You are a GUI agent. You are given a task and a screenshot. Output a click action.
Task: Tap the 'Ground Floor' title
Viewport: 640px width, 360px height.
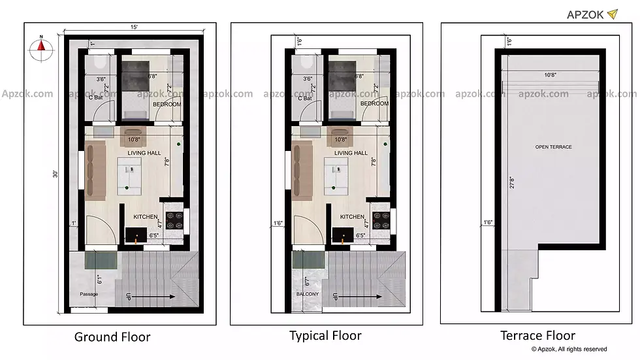coord(112,337)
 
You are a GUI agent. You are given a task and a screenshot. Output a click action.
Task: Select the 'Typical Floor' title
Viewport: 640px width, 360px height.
coord(325,336)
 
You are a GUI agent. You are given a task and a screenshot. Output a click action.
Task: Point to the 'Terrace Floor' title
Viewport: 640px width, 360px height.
coord(537,336)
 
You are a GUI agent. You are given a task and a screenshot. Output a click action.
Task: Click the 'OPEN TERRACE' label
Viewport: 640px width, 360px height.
coord(553,147)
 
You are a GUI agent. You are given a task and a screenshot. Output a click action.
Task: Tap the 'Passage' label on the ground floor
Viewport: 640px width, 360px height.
coord(89,294)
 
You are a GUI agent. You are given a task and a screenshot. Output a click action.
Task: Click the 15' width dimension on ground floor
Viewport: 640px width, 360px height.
coord(133,27)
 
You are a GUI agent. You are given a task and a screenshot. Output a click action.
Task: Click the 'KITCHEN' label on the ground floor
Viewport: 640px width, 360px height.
coord(145,217)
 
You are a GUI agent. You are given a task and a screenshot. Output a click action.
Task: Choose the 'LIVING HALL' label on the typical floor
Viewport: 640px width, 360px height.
coord(351,153)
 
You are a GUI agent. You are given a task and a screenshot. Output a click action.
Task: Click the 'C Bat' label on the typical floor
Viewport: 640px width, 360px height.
coord(304,99)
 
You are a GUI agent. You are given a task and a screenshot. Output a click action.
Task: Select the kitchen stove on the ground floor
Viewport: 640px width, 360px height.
coord(174,221)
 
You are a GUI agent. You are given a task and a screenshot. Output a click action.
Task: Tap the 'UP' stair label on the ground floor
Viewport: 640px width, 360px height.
coord(129,297)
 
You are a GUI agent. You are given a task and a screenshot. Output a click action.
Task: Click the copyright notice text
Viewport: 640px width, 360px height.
coord(569,350)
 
